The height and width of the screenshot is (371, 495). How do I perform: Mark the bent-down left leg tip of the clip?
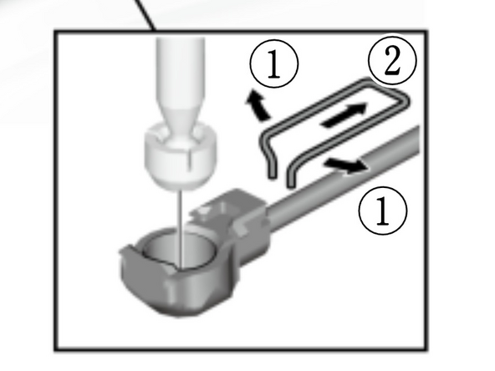(273, 172)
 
